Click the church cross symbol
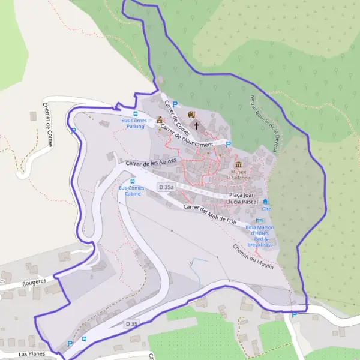pos(196,126)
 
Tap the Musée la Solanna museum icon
pos(239,165)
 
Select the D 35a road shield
pos(166,188)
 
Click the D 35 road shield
pos(133,323)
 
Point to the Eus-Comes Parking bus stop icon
pos(135,113)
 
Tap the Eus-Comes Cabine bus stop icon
pos(133,181)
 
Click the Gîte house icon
pos(265,202)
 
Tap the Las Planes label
pos(32,355)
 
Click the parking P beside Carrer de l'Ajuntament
pos(228,144)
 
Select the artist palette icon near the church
pos(191,115)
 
